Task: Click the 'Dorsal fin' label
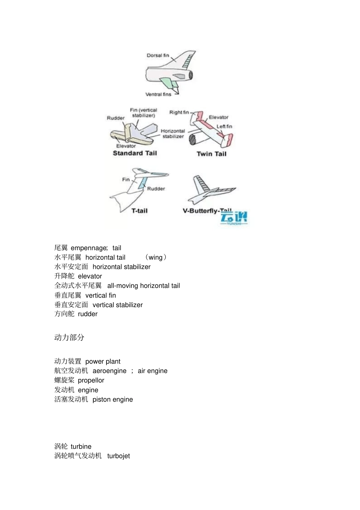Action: coord(158,55)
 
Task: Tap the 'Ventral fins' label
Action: coord(158,94)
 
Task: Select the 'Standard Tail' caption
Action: coord(135,153)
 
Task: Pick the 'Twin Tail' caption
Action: coord(211,154)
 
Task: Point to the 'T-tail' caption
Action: coord(139,211)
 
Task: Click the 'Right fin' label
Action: coord(179,112)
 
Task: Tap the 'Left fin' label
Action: coord(224,126)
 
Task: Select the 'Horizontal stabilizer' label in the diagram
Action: coord(173,133)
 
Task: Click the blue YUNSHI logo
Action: coord(234,218)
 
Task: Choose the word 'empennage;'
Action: coord(89,248)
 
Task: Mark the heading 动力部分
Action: coord(69,337)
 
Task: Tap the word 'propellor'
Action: coord(91,380)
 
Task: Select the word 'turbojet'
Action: coord(118,456)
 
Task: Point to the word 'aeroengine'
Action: coord(110,371)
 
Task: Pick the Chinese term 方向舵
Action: coord(64,314)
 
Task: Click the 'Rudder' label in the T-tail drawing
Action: coord(156,189)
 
